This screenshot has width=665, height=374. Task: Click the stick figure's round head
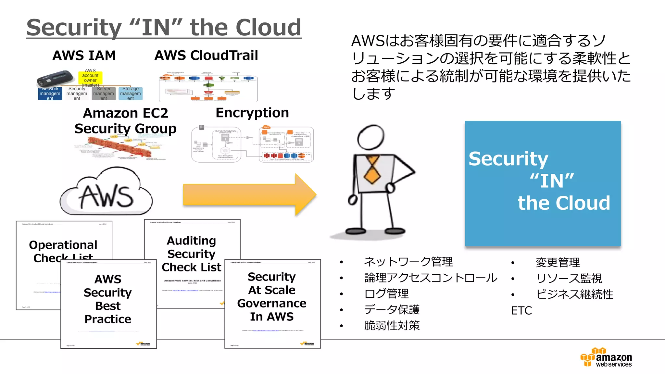point(370,137)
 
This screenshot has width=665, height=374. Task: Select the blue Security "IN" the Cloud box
point(543,184)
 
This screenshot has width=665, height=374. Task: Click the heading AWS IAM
point(84,56)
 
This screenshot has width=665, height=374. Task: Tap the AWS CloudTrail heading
point(206,56)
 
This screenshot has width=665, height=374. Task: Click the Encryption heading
point(252,113)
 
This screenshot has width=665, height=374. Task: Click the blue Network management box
point(50,93)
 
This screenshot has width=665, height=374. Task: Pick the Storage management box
point(131,93)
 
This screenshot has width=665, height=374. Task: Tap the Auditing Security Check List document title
point(192,254)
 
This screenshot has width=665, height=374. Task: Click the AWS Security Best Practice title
point(108,299)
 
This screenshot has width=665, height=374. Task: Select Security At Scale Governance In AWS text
point(272,296)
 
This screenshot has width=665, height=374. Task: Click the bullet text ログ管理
point(386,294)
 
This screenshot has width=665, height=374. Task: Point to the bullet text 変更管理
point(558,262)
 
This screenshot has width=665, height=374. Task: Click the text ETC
point(521,311)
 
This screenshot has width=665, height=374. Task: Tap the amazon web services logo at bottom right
point(606,358)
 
